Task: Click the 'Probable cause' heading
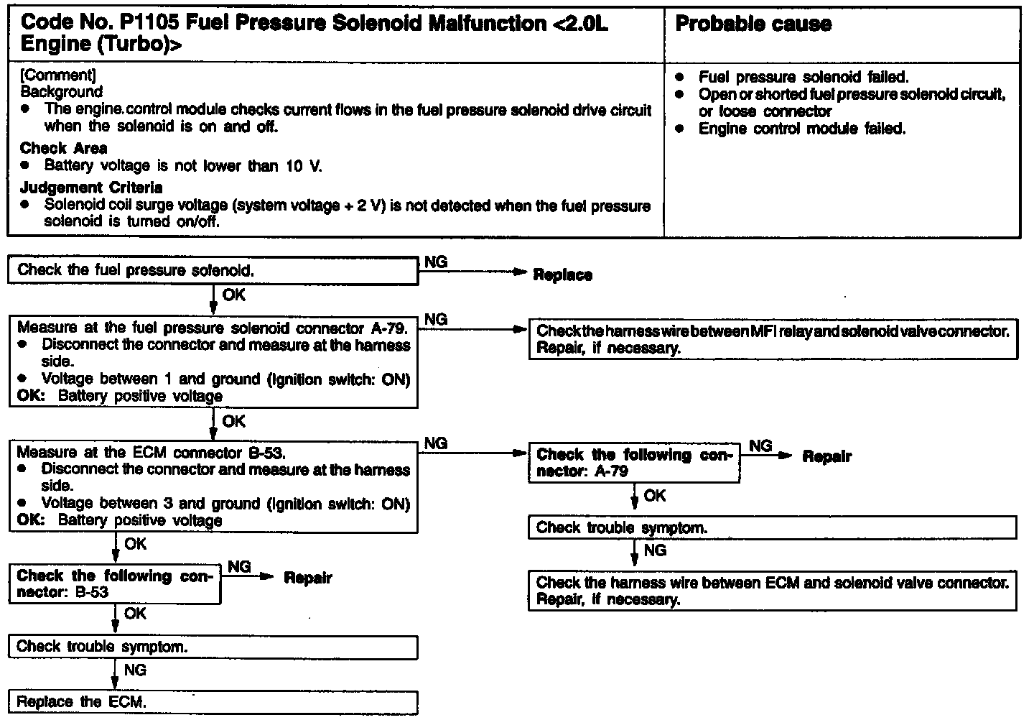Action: (x=753, y=24)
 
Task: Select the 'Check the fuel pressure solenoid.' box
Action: (x=213, y=271)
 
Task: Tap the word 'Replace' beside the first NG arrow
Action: (x=562, y=275)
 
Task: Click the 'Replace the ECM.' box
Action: (x=213, y=702)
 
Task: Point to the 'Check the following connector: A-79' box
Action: (x=634, y=463)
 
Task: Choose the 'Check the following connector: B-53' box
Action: (x=115, y=584)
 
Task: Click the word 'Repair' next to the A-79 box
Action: (x=826, y=456)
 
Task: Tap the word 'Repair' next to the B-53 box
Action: (x=308, y=578)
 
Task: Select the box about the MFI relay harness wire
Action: (x=773, y=340)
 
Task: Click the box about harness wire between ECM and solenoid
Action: (x=773, y=591)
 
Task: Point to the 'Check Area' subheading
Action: (x=64, y=148)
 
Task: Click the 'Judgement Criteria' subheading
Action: (x=91, y=188)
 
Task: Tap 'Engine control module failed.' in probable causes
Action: (x=802, y=129)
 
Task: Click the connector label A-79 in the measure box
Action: (x=388, y=328)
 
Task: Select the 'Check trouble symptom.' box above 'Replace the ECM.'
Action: (x=213, y=647)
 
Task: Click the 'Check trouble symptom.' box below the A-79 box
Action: (x=773, y=527)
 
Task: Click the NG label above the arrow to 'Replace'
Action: (x=435, y=262)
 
